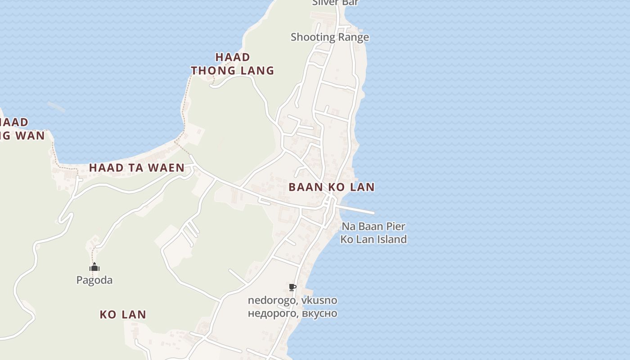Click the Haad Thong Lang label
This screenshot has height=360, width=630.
point(232,64)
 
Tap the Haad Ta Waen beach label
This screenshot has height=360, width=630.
point(136,168)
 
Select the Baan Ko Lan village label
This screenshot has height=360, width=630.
point(331,187)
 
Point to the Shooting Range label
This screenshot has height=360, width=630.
point(329,37)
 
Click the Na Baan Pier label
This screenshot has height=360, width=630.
point(373,226)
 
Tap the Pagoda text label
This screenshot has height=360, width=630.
point(94,280)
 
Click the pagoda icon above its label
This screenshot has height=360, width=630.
point(94,267)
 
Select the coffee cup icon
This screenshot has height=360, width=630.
point(292,287)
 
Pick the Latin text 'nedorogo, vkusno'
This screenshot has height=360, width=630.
point(292,300)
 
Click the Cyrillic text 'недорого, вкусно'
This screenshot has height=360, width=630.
point(292,313)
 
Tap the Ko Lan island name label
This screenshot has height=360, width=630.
point(123,315)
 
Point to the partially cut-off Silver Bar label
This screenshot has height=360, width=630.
point(335,3)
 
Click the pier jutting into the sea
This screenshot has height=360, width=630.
point(358,210)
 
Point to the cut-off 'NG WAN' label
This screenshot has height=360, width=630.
point(22,135)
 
